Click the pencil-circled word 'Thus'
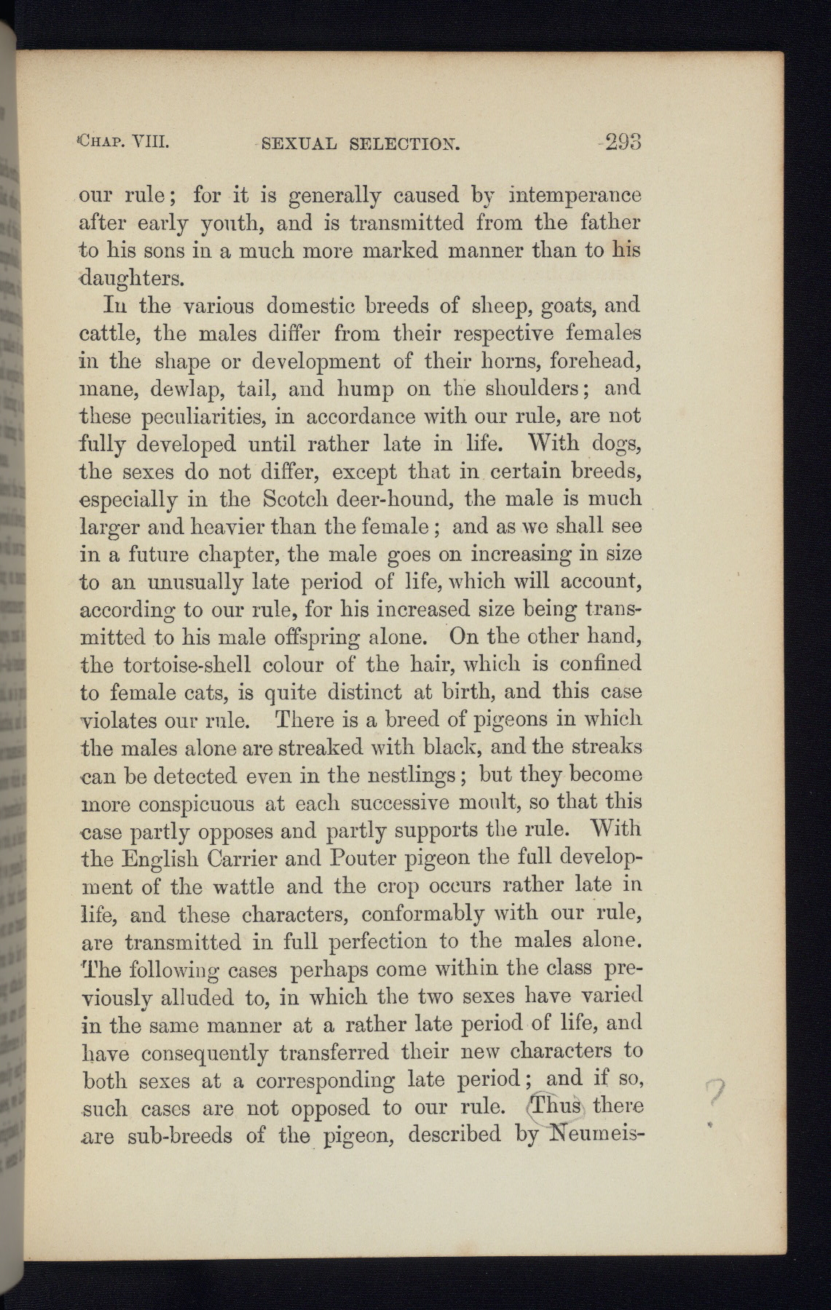(557, 1108)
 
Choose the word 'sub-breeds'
(176, 1135)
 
